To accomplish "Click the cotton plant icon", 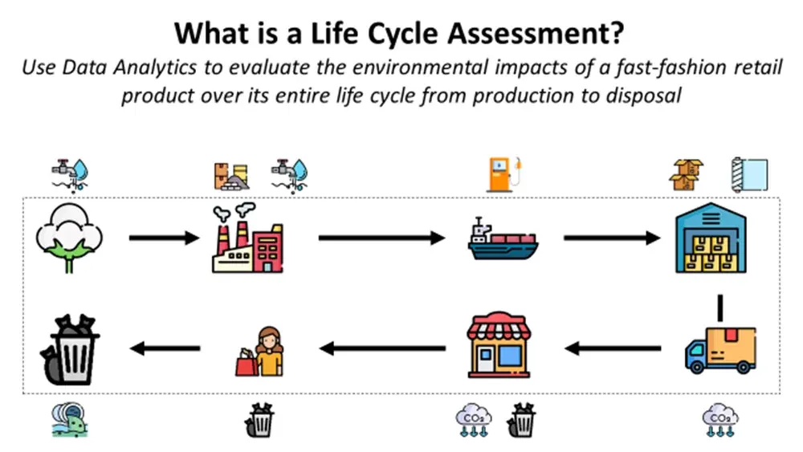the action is (x=69, y=238).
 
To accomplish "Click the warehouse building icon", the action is (x=711, y=238).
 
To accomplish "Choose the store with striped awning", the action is (x=499, y=345).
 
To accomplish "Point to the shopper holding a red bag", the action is (x=259, y=352).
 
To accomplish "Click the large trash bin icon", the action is (x=70, y=350).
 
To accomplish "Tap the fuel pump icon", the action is (x=505, y=174).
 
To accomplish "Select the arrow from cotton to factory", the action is (x=164, y=238).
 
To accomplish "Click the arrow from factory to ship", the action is (x=381, y=238).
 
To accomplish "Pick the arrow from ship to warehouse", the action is (x=612, y=238).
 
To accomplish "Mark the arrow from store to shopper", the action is (x=382, y=348).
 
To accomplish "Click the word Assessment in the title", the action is (x=536, y=33).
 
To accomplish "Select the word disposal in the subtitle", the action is (x=644, y=96).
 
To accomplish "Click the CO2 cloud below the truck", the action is (x=720, y=420).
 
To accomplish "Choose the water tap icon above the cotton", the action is (x=70, y=175).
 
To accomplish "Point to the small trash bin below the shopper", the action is (x=259, y=420).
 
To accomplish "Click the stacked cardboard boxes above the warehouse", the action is (x=687, y=174).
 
